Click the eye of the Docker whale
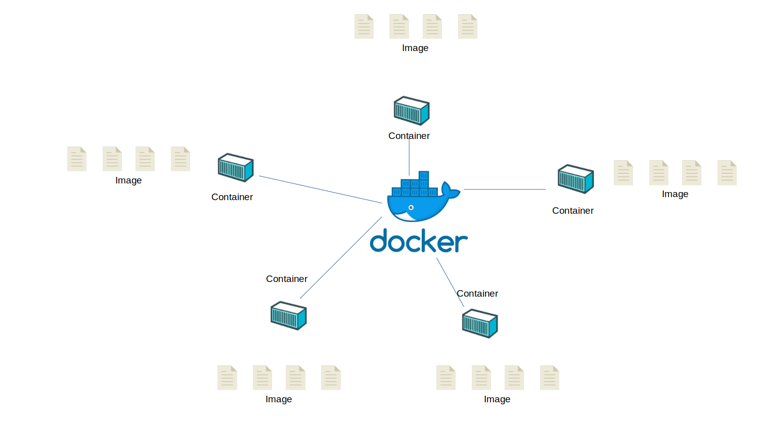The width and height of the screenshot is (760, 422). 411,208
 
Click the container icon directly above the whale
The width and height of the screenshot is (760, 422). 412,111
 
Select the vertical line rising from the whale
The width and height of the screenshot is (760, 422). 409,159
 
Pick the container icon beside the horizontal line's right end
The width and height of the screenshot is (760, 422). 575,179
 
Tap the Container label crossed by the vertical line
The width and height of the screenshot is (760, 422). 409,136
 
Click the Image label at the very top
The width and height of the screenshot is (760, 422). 415,48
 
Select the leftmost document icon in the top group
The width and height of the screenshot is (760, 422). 364,27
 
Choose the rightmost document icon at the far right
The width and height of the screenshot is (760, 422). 727,173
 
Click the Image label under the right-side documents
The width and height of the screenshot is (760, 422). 675,194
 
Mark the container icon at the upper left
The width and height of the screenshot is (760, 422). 236,167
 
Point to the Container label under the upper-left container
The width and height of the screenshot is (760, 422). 232,197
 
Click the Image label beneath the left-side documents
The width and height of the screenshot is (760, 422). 128,180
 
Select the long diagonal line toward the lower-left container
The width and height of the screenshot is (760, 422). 341,258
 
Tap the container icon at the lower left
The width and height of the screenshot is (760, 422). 289,316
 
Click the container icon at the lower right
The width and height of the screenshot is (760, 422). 480,324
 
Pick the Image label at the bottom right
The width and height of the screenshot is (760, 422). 497,399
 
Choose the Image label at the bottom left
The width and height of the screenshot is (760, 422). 279,399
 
